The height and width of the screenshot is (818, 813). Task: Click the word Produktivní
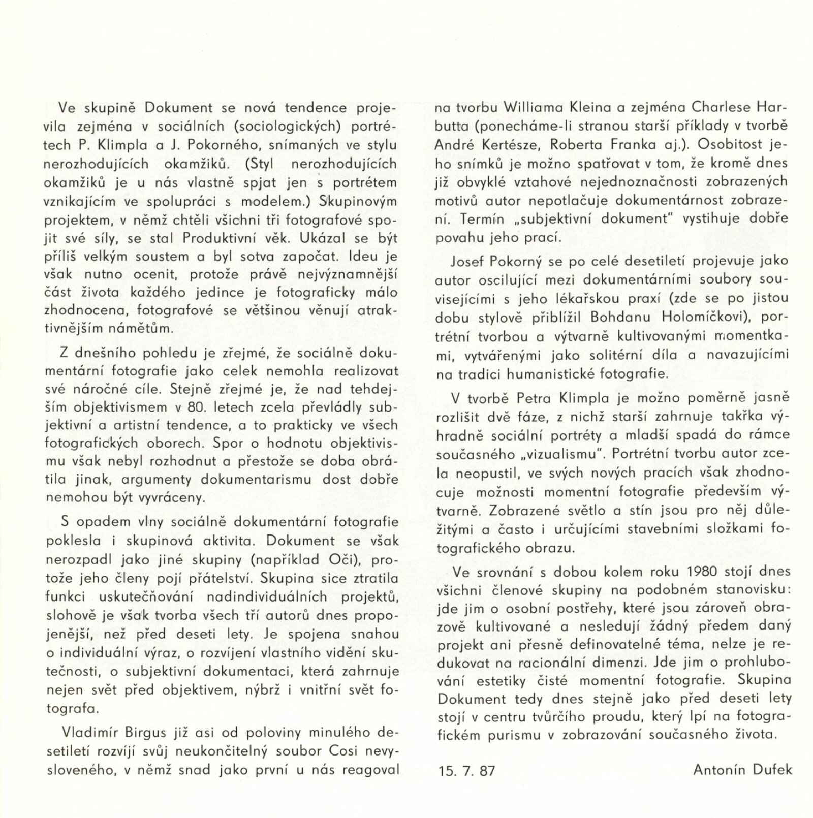point(221,238)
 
